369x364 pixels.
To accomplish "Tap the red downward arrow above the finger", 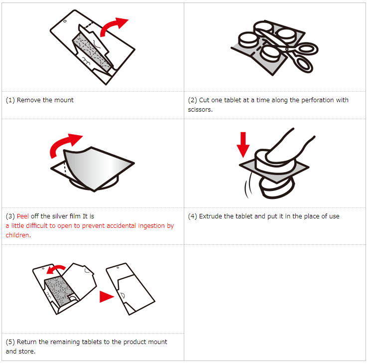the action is pos(243,144).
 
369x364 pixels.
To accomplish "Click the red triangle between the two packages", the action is pos(106,296).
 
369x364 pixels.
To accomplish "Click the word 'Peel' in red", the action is pos(22,216).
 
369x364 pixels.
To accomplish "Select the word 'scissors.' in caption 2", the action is pos(200,110).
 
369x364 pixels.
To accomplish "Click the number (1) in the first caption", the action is pos(10,100).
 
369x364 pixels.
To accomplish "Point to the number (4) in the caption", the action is pos(193,216).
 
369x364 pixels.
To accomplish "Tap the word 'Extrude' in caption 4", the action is pos(210,216).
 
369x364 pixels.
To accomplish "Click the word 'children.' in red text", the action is pos(18,235).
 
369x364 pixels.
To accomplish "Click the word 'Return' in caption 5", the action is pos(26,342).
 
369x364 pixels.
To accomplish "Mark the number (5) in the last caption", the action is pos(10,342).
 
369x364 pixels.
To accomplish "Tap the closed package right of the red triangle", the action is pos(129,289).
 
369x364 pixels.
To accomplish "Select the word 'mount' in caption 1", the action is pos(64,100).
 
